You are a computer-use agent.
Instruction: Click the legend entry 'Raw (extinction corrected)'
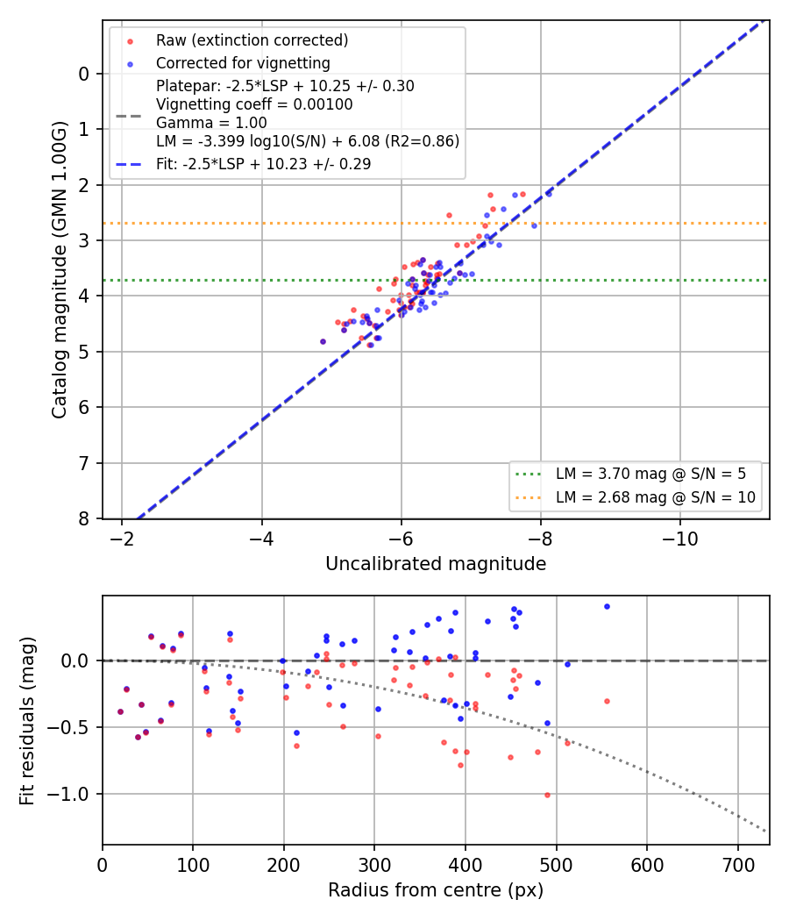252,40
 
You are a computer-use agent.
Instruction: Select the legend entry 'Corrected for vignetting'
243,63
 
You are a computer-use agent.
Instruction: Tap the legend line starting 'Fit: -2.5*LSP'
264,164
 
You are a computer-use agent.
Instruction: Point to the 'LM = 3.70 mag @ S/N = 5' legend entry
650,474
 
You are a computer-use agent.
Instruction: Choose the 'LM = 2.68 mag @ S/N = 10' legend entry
655,497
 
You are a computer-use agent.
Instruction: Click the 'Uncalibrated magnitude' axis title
436,564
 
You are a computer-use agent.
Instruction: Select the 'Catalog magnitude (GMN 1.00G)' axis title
59,269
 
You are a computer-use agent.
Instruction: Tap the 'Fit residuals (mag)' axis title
26,721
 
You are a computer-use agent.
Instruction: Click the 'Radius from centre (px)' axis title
436,890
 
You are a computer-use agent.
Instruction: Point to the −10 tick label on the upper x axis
679,539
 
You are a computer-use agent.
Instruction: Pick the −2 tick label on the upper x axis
122,539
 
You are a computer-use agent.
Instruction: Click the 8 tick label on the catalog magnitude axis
84,519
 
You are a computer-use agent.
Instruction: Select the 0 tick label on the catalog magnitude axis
84,74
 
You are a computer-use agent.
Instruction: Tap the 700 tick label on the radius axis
738,866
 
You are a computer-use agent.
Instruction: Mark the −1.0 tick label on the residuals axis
68,794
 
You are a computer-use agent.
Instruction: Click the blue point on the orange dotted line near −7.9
534,225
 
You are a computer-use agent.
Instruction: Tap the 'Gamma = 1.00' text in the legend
211,123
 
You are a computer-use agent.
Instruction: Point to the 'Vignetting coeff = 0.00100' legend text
254,104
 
